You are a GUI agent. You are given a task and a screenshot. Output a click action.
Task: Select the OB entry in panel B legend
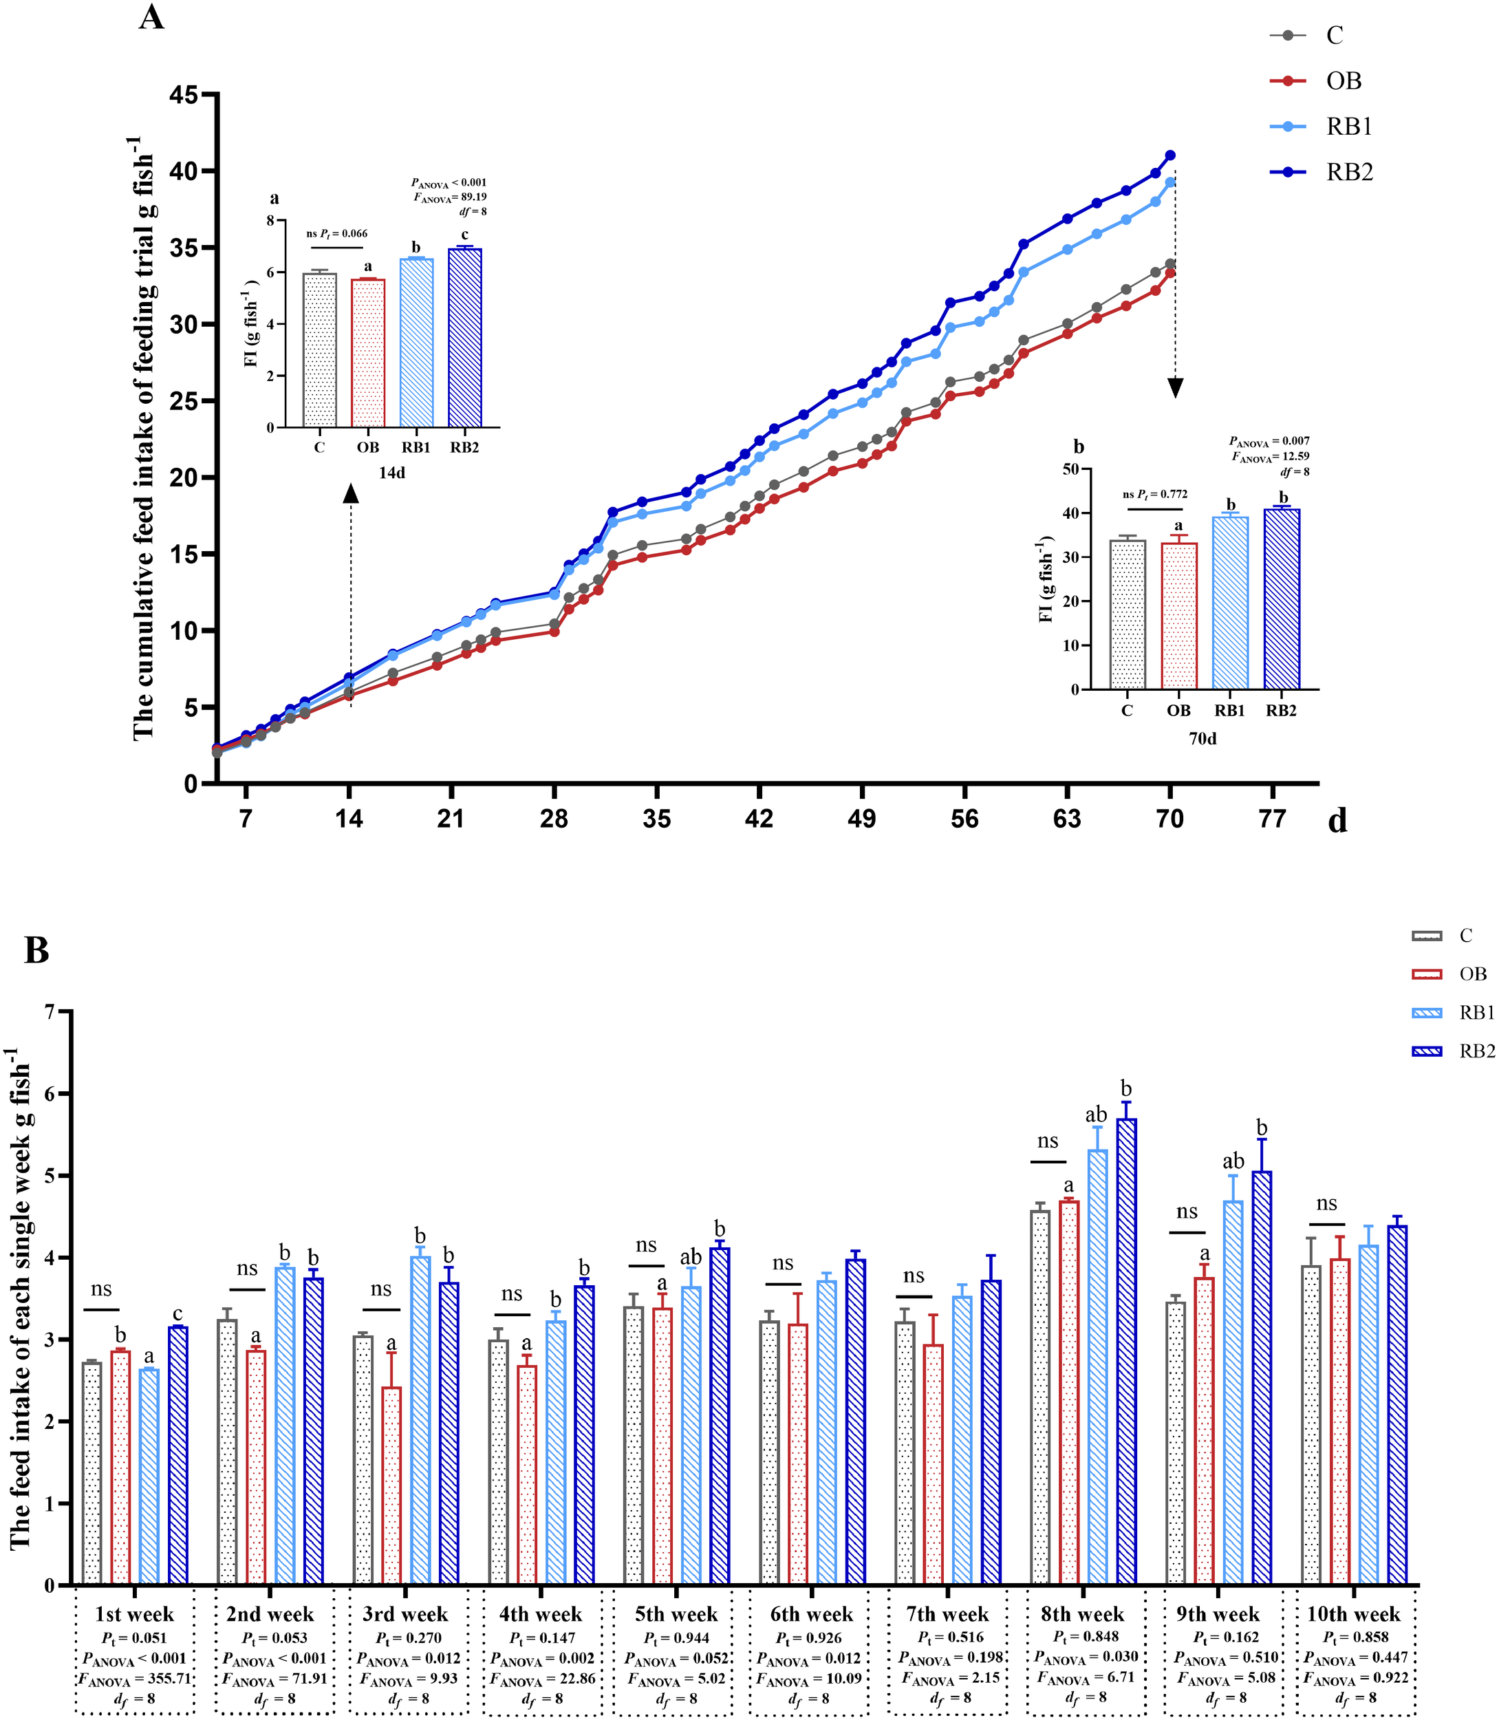click(1472, 974)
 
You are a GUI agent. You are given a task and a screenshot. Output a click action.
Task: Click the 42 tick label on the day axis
click(759, 818)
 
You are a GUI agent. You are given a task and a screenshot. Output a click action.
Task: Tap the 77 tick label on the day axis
click(1271, 818)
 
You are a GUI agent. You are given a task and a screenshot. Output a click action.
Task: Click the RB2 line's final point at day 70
click(1170, 155)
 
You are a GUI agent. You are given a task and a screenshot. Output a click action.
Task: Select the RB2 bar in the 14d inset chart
click(465, 338)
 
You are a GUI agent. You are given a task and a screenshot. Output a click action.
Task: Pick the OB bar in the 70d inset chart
click(1178, 616)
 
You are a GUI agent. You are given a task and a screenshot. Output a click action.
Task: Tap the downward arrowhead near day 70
click(1175, 388)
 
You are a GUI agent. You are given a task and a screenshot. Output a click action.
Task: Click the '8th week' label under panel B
click(1082, 1615)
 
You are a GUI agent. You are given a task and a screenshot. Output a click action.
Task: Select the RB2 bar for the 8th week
click(1126, 1351)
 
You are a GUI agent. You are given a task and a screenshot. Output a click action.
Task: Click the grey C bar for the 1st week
click(92, 1472)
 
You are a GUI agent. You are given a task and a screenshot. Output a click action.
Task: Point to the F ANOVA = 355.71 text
click(135, 1679)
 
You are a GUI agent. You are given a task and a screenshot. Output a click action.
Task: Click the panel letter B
click(37, 952)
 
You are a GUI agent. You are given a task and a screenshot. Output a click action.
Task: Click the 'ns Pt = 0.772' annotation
click(1154, 495)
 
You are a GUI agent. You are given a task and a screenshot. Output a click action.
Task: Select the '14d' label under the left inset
click(391, 473)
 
